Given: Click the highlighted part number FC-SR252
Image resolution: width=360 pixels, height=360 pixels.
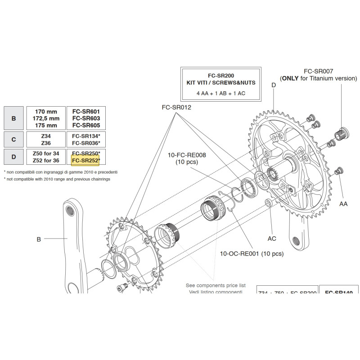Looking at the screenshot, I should tap(85, 160).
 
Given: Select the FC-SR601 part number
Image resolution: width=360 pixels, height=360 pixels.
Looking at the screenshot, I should tap(86, 111).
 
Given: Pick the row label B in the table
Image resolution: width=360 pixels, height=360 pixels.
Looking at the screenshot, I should tap(13, 118).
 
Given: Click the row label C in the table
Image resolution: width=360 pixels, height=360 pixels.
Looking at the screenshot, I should tap(13, 139).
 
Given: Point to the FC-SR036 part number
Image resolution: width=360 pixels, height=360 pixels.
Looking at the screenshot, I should tap(86, 143).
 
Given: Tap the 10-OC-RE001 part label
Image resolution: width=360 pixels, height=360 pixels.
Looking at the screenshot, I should tap(252, 254).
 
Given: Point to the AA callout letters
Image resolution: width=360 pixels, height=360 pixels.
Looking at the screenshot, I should tap(343, 204).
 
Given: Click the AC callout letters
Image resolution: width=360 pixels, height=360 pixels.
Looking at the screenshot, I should tap(272, 238).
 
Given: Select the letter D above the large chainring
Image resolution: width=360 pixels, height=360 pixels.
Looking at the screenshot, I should tap(273, 85).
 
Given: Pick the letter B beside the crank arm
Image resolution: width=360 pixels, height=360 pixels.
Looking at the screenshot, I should tap(39, 239).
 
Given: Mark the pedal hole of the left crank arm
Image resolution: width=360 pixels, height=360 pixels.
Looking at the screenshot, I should tap(70, 210).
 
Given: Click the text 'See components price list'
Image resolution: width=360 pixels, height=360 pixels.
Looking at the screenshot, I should tap(216, 285).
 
